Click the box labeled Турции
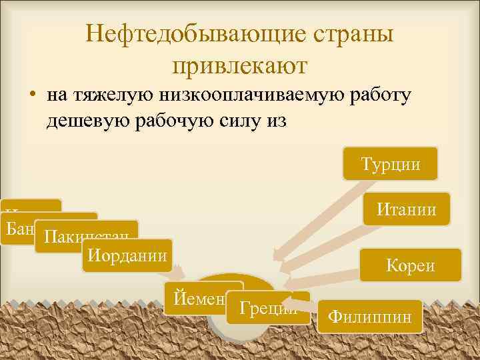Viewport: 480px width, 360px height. pos(390,164)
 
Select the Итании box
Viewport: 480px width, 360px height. pos(406,210)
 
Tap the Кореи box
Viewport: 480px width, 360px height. pos(410,265)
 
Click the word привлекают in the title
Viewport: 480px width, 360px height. pos(239,65)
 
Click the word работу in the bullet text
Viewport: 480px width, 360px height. pos(381,95)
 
